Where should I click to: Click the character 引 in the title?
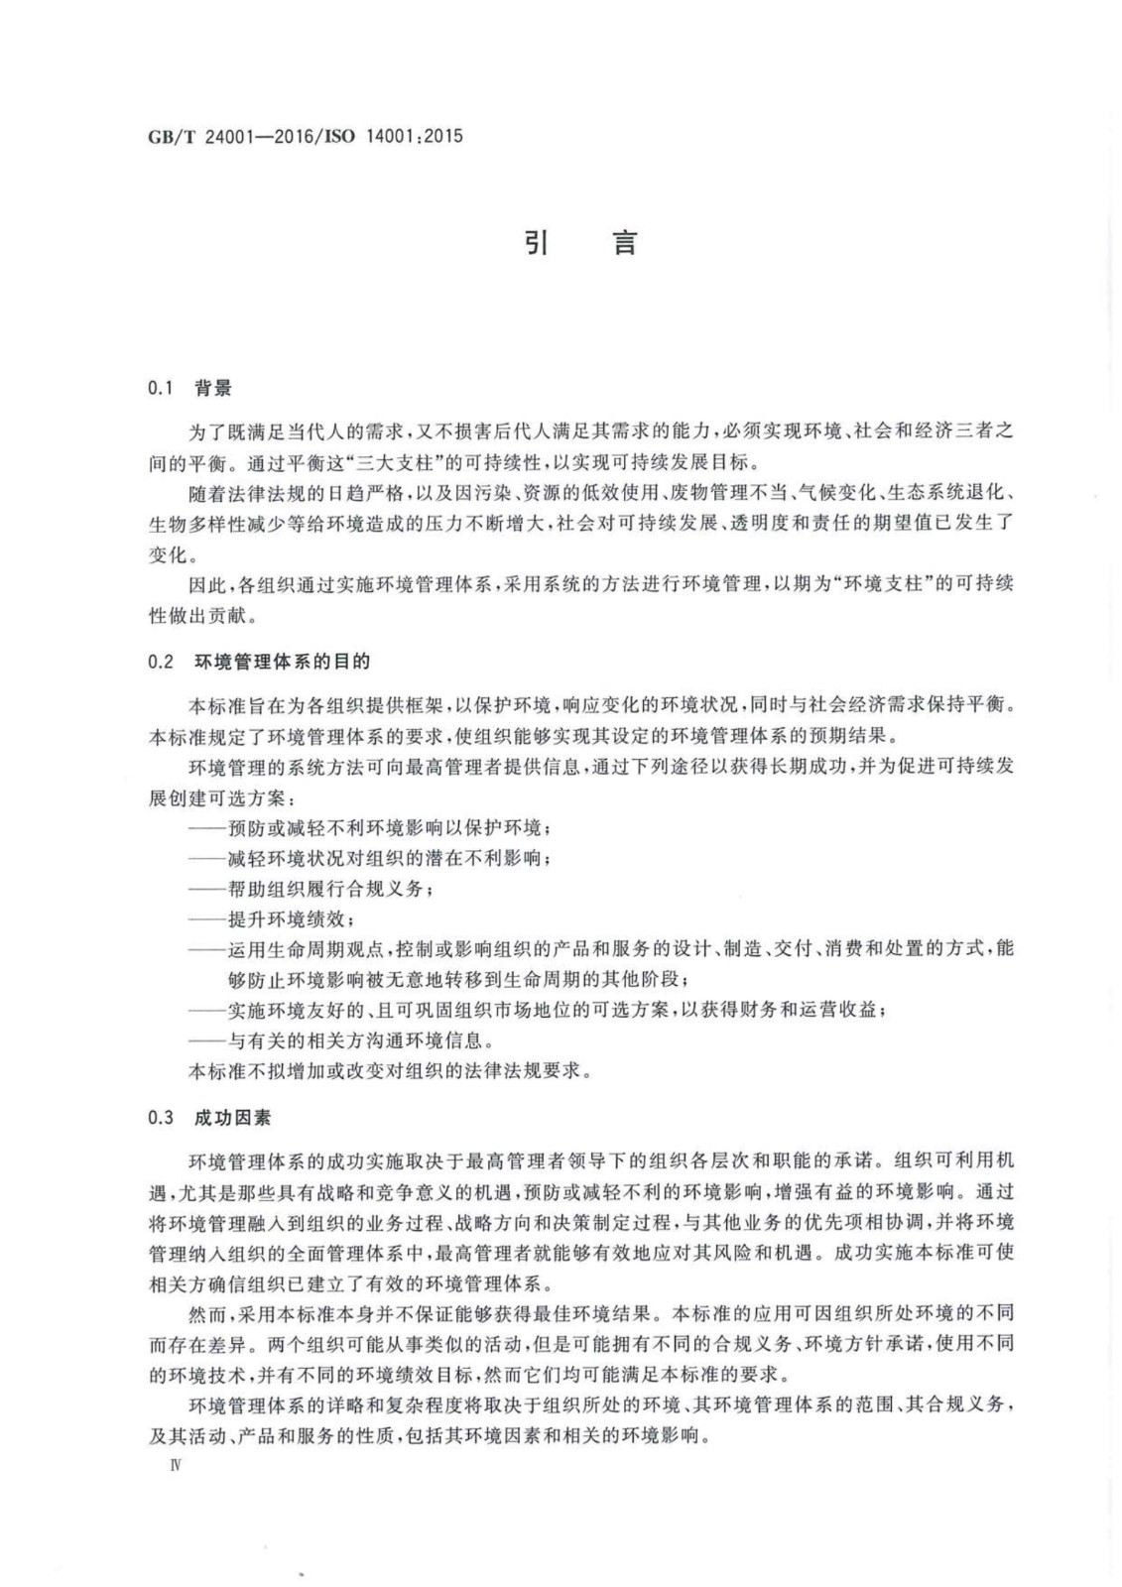click(537, 242)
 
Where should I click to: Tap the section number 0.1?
click(161, 389)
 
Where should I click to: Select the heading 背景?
click(213, 389)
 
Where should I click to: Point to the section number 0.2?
click(161, 662)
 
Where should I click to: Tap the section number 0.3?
click(161, 1117)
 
